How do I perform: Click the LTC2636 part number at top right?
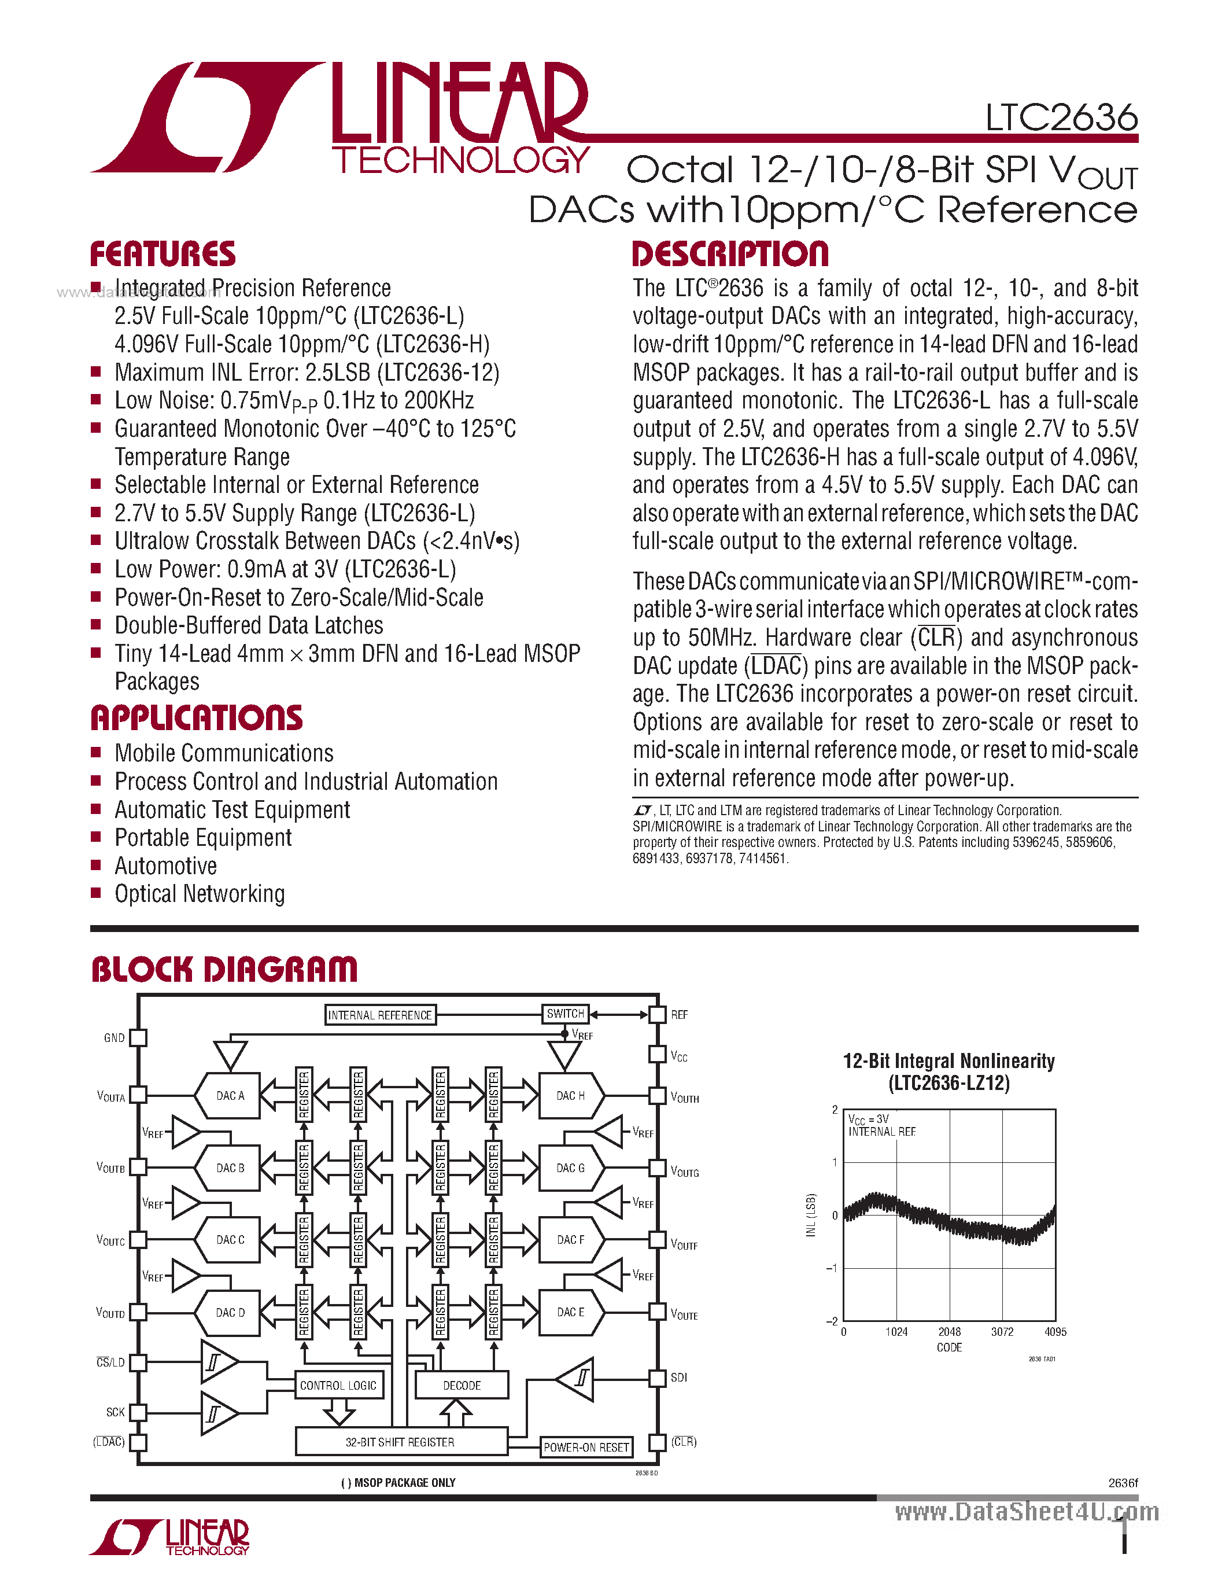[x=1061, y=117]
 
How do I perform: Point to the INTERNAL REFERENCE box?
[x=379, y=1015]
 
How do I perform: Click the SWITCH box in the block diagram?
[x=565, y=1013]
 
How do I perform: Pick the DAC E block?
[x=571, y=1312]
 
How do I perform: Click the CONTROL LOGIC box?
[x=338, y=1386]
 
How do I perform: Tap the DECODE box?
[x=462, y=1386]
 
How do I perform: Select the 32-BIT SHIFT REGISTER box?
[x=400, y=1442]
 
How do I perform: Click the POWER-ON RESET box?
[x=586, y=1448]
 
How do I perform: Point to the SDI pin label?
[x=678, y=1378]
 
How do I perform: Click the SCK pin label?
[x=115, y=1412]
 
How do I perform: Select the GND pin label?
[x=115, y=1037]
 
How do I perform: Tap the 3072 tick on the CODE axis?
[x=1002, y=1332]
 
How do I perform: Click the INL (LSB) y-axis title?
[x=811, y=1215]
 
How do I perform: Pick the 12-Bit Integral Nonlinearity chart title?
[x=948, y=1071]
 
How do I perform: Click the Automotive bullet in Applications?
[x=166, y=866]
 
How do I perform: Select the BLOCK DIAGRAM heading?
[x=224, y=970]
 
